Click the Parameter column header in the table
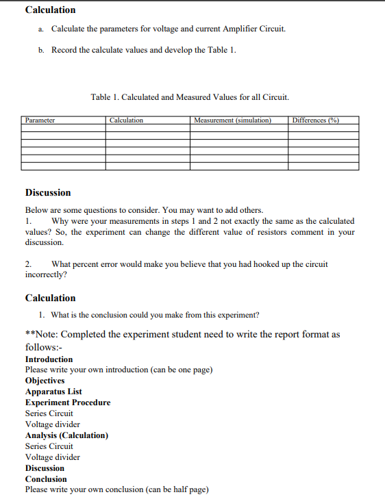tap(40, 120)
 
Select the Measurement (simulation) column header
tap(233, 120)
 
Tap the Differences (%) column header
tap(315, 120)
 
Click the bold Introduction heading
tap(49, 359)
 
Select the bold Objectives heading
tap(45, 381)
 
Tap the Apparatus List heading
tap(53, 392)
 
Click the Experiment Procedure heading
tap(67, 402)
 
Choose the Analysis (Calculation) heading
tap(66, 435)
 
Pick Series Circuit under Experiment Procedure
tap(49, 413)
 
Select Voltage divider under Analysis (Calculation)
tap(52, 457)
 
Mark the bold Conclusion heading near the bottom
tap(46, 479)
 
